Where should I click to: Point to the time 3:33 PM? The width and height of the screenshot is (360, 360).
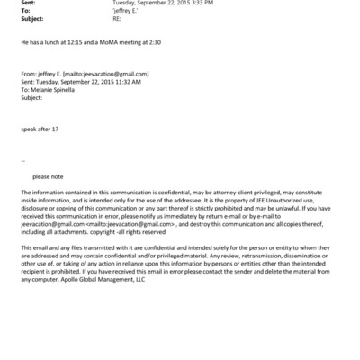pyautogui.click(x=197, y=4)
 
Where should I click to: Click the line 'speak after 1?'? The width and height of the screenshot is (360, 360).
pyautogui.click(x=40, y=129)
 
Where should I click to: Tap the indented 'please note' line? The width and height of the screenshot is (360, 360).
pyautogui.click(x=49, y=176)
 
